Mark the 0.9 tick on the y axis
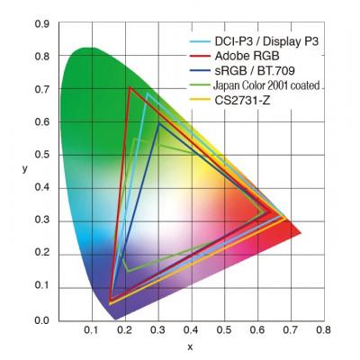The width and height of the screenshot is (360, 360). coord(41,24)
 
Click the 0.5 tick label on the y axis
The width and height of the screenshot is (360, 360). coord(41,156)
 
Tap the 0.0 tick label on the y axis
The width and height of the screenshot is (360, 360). coord(41,320)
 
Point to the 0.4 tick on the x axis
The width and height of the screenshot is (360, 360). coord(191,332)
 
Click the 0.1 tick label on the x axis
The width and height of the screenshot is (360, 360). coord(91,332)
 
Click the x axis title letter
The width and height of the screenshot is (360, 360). coord(190,346)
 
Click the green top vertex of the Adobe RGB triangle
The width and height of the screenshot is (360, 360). coord(130,87)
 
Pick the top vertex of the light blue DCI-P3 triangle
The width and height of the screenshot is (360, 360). coord(146,94)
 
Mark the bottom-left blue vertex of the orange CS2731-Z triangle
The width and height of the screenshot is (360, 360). coord(110,304)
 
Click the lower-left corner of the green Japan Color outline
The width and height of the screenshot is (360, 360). coord(128,270)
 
